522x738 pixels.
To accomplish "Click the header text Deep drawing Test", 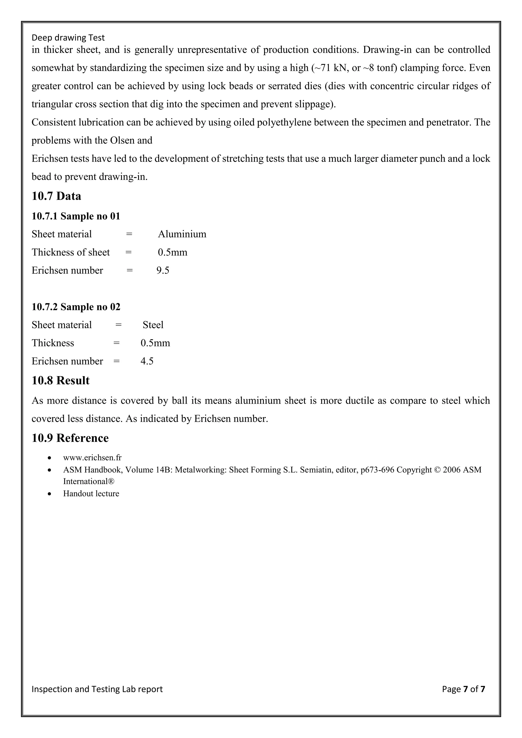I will [x=68, y=38].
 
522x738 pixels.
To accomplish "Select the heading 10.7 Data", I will [x=56, y=196].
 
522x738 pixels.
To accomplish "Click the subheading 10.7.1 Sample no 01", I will [x=76, y=216].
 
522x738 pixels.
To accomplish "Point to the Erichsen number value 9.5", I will [x=163, y=270].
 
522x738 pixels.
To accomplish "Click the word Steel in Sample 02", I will [x=153, y=325].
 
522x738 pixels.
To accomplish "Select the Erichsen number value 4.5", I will [x=147, y=361].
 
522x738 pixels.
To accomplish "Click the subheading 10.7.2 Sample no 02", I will [x=76, y=307].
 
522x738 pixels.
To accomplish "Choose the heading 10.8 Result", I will [x=60, y=380].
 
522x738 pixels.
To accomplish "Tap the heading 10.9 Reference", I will [x=70, y=438].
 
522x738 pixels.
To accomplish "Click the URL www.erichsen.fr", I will [x=92, y=458].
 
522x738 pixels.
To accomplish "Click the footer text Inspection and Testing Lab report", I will [x=97, y=689].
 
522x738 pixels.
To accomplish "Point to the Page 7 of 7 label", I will [x=463, y=689].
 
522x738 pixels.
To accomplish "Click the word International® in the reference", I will [x=89, y=481].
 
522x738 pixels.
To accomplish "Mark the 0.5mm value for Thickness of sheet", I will [x=172, y=252].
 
